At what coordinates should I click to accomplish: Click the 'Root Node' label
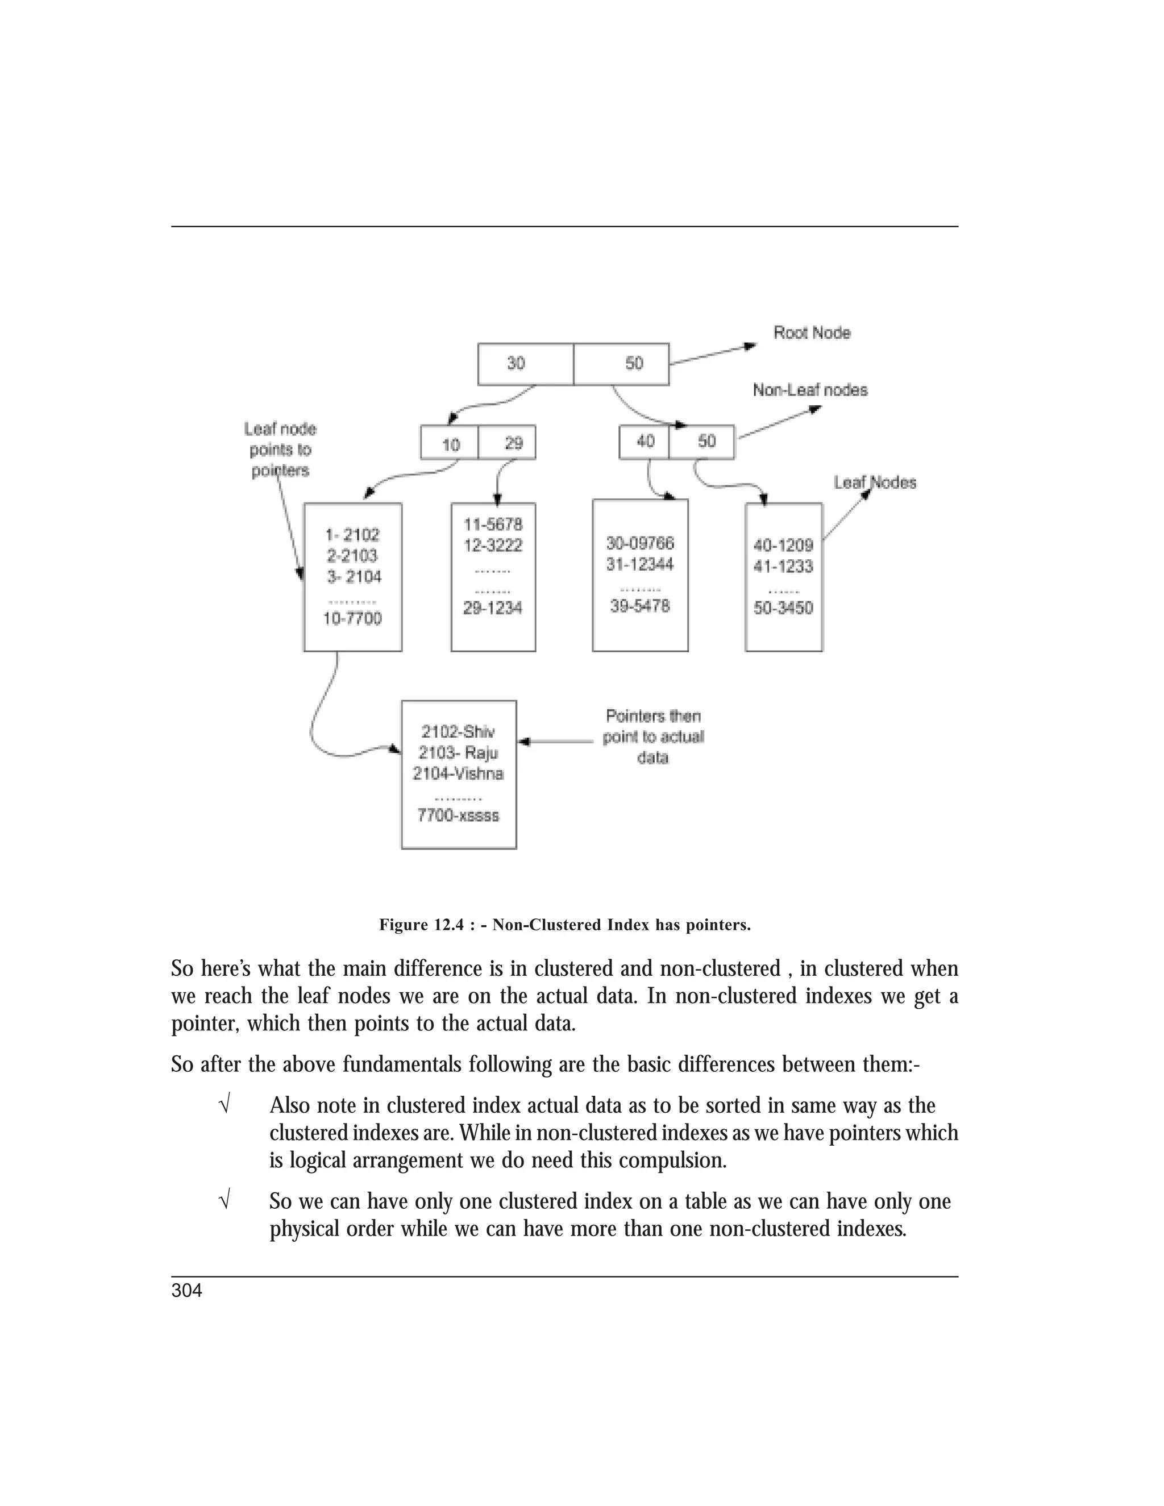(812, 333)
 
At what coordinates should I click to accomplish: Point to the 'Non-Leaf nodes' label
(809, 390)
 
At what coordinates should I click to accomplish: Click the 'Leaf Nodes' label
(874, 482)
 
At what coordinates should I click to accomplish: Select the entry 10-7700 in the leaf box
(352, 618)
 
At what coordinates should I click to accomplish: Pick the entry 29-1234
(492, 608)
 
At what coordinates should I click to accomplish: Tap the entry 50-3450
(783, 608)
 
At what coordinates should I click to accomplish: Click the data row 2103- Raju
(458, 753)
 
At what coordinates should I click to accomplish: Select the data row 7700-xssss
(458, 816)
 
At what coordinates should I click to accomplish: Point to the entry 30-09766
(640, 543)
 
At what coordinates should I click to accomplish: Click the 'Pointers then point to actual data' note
(653, 737)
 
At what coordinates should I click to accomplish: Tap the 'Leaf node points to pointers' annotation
(280, 450)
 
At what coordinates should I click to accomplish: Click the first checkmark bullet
(223, 1106)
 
